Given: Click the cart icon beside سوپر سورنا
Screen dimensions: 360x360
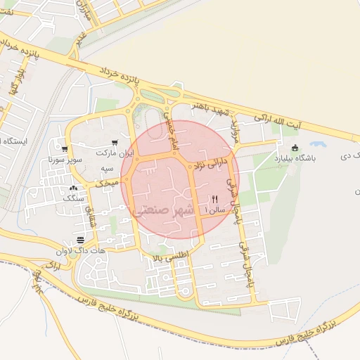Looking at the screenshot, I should click(65, 149).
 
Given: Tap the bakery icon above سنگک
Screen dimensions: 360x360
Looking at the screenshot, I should click(74, 188).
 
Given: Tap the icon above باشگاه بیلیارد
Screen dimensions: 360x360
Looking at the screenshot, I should click(295, 148).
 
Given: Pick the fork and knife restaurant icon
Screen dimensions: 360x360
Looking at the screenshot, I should click(214, 199).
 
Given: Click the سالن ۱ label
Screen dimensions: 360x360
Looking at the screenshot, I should click(214, 210).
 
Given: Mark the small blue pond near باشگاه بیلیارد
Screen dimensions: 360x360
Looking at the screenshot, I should click(318, 143).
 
